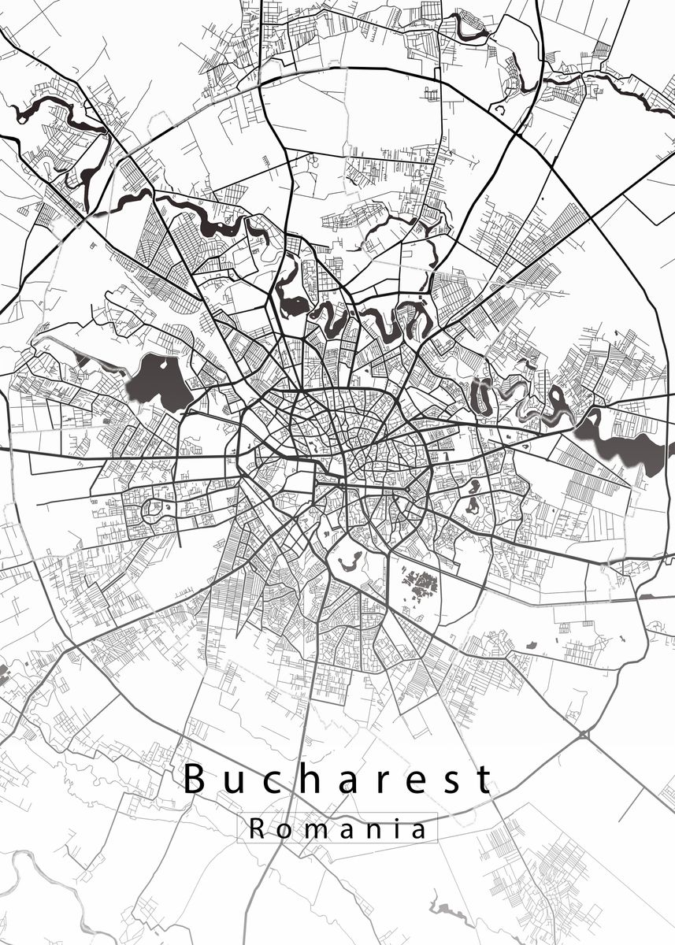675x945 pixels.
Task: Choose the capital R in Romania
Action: (257, 828)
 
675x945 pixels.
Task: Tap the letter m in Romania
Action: (315, 830)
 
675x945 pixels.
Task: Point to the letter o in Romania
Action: (284, 830)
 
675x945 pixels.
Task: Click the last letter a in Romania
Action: (420, 830)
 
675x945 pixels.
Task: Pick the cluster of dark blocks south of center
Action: (419, 584)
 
